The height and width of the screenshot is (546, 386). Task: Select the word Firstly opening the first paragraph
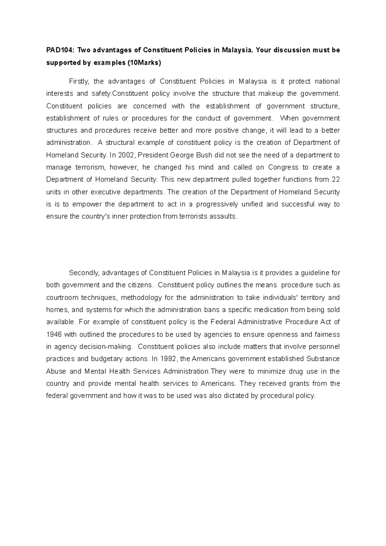[x=79, y=82]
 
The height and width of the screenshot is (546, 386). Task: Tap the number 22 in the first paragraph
[x=335, y=180]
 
